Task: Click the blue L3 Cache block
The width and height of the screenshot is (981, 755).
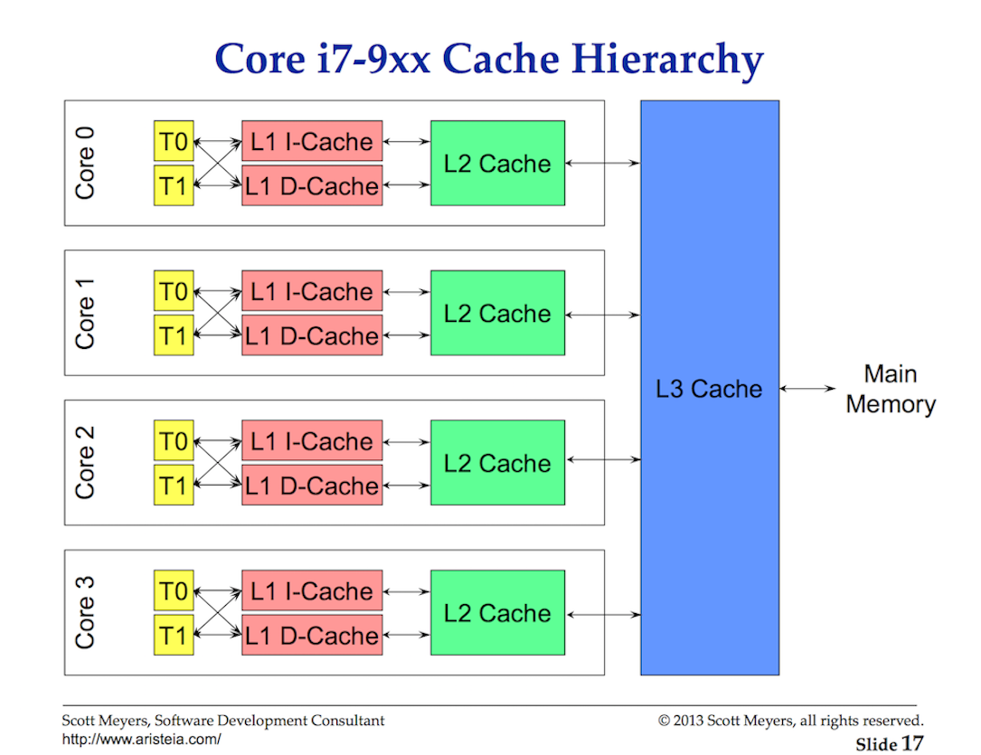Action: tap(710, 389)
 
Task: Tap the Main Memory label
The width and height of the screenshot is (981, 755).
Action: tap(891, 389)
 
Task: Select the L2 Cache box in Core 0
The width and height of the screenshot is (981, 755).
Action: tap(497, 164)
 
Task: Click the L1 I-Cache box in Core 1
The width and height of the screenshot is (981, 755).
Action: tap(312, 292)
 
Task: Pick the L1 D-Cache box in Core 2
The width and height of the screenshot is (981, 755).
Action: tap(312, 486)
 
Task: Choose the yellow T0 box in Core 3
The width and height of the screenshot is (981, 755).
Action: tap(174, 592)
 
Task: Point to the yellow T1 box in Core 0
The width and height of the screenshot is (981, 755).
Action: tap(174, 186)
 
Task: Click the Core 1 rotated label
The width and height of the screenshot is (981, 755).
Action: tap(85, 312)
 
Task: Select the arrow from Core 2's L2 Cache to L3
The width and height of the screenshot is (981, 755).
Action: tap(603, 460)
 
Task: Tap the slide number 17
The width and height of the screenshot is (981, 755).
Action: tap(912, 743)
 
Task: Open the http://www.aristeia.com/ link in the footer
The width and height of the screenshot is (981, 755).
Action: tap(141, 739)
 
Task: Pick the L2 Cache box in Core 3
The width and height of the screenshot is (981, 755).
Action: tap(497, 613)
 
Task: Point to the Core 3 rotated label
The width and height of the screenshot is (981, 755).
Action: tap(85, 612)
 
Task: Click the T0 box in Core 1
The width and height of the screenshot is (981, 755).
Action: tap(174, 292)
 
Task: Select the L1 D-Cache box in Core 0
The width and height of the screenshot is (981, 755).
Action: tap(312, 186)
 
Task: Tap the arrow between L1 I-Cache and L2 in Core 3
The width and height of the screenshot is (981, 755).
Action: tap(407, 592)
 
